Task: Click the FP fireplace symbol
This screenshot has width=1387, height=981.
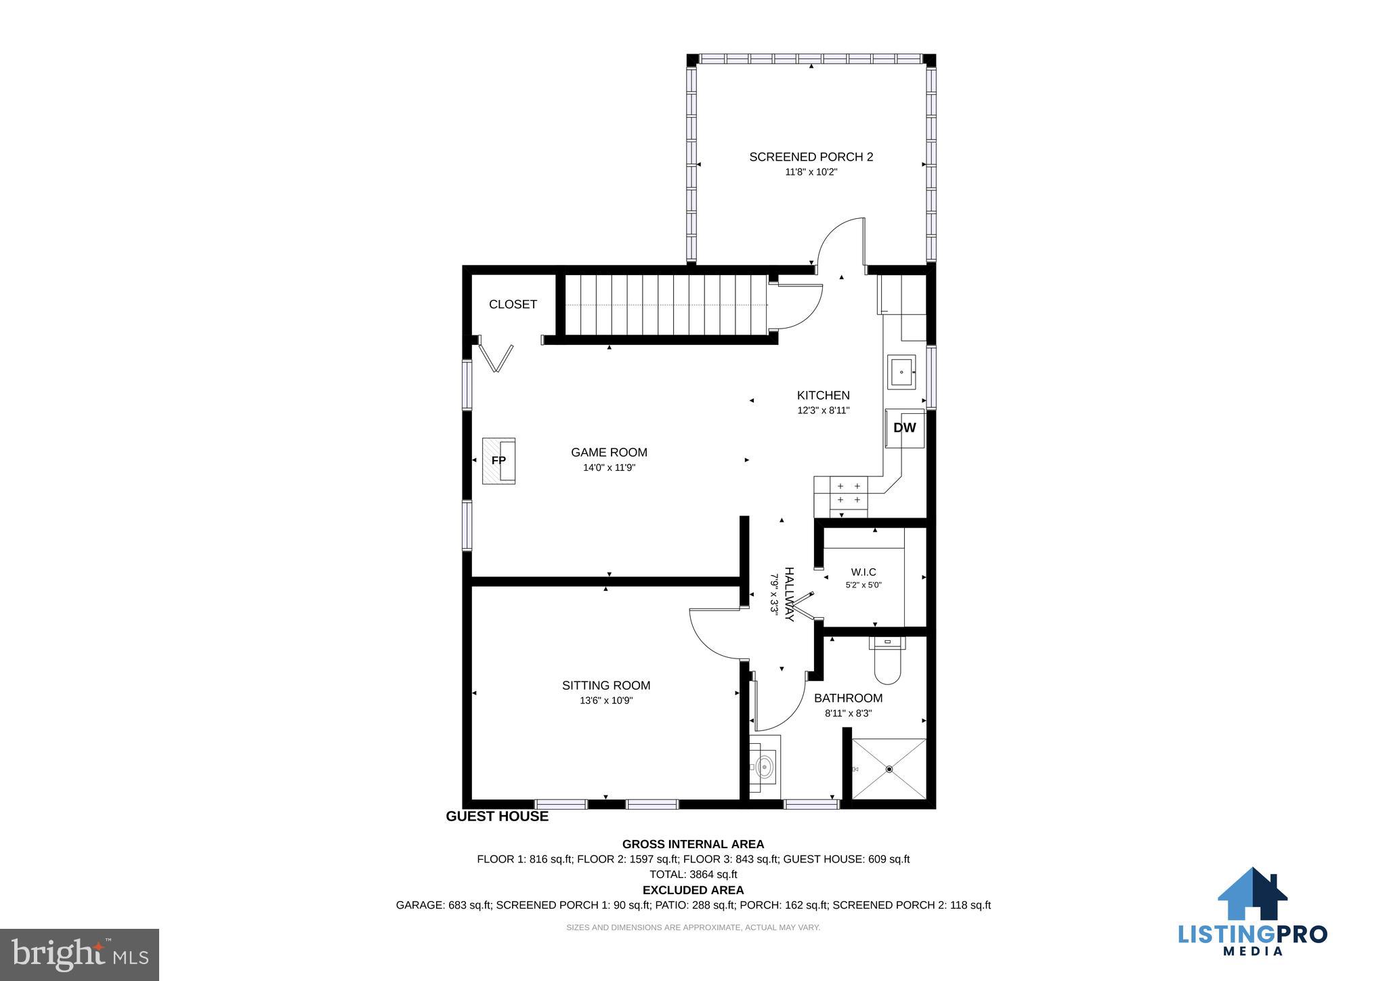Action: pyautogui.click(x=498, y=461)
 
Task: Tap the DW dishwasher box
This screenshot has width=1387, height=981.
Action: pyautogui.click(x=905, y=428)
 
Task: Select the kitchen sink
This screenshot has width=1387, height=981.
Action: pyautogui.click(x=901, y=372)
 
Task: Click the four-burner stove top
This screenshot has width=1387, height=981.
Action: pyautogui.click(x=849, y=493)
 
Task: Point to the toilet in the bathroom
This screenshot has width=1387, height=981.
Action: pyautogui.click(x=888, y=659)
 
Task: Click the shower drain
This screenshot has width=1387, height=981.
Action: pyautogui.click(x=889, y=769)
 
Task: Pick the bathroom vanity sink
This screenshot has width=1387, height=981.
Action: pyautogui.click(x=765, y=768)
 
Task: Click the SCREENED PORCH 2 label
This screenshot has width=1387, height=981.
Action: pyautogui.click(x=811, y=157)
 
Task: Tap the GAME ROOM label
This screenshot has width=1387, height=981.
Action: pyautogui.click(x=609, y=453)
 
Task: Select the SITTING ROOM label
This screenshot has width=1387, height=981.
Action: pyautogui.click(x=606, y=686)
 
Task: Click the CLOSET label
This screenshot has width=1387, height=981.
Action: pyautogui.click(x=513, y=305)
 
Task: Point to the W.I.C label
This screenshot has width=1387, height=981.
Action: pyautogui.click(x=863, y=572)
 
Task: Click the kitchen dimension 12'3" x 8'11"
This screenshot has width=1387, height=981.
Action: pyautogui.click(x=823, y=411)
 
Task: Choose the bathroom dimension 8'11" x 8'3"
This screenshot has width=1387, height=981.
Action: pyautogui.click(x=848, y=713)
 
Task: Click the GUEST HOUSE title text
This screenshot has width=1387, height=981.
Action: pyautogui.click(x=497, y=816)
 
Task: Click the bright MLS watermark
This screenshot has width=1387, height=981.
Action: pyautogui.click(x=80, y=955)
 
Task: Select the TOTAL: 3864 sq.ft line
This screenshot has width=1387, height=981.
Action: pyautogui.click(x=693, y=875)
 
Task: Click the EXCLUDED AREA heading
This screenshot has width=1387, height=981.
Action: pyautogui.click(x=693, y=890)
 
